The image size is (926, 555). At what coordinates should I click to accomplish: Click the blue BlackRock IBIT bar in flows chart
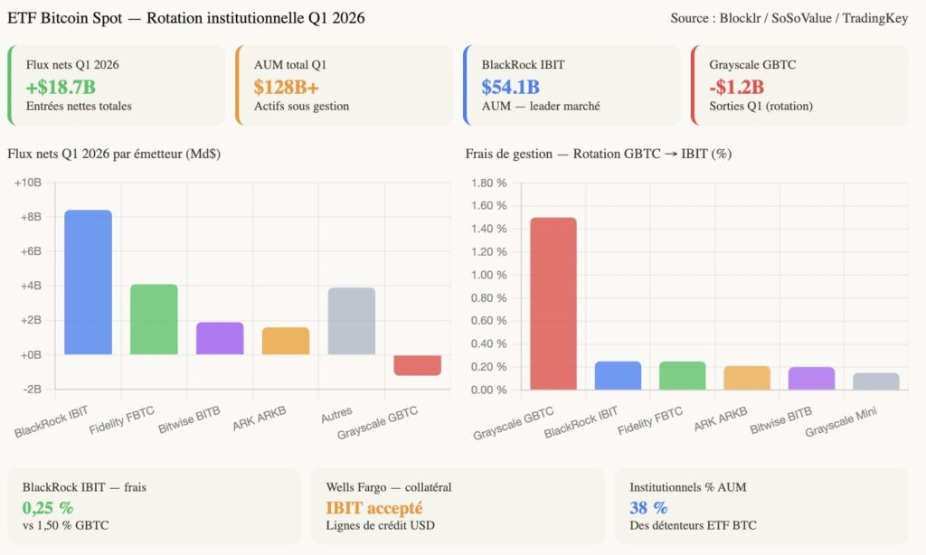click(x=88, y=282)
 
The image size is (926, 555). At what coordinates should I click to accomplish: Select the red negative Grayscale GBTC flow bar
click(x=417, y=365)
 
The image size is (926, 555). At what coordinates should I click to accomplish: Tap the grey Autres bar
click(x=352, y=321)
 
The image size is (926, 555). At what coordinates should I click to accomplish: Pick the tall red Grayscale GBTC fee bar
click(x=553, y=304)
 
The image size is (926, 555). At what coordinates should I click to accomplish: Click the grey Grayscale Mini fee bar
click(x=876, y=381)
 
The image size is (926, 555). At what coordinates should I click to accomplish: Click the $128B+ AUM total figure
click(x=286, y=87)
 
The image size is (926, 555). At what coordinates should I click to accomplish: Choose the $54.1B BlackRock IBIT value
click(x=510, y=87)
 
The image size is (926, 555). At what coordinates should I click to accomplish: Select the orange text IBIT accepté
click(x=374, y=508)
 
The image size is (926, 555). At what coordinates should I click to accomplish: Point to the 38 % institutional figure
click(x=648, y=508)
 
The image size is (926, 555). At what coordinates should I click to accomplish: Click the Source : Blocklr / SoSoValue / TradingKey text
click(x=789, y=18)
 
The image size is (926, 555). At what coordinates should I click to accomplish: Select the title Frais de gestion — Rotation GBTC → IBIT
click(x=599, y=154)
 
